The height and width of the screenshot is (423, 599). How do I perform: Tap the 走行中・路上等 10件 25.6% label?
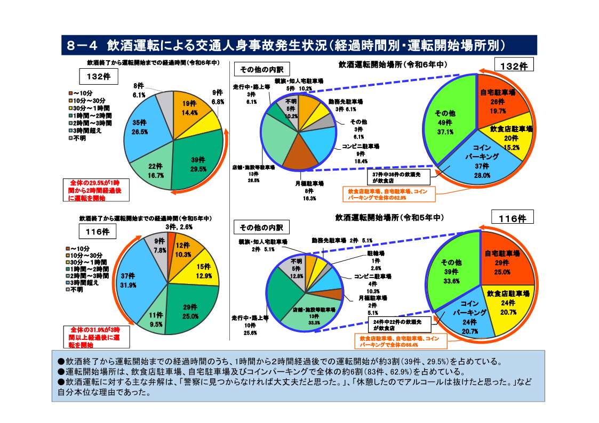[x=250, y=324]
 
